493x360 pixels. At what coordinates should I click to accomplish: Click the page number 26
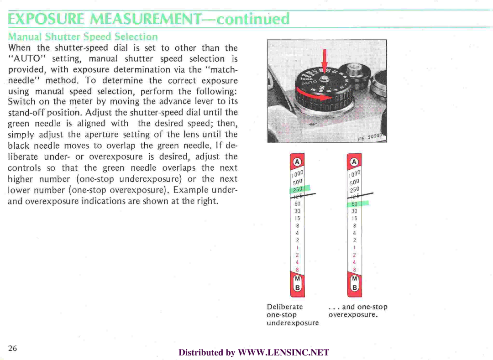pyautogui.click(x=12, y=348)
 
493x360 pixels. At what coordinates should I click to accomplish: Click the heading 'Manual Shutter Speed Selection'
pyautogui.click(x=83, y=37)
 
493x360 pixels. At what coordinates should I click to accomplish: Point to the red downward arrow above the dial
pyautogui.click(x=325, y=60)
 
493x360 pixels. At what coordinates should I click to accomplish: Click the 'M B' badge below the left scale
pyautogui.click(x=297, y=284)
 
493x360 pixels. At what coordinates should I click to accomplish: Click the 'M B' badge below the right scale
pyautogui.click(x=354, y=284)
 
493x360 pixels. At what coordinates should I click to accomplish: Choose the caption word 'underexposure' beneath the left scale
pyautogui.click(x=293, y=323)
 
